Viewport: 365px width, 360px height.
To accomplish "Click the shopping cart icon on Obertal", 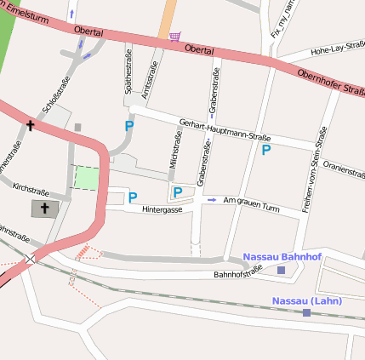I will [x=174, y=37].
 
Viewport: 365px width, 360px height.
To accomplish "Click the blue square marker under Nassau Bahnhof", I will [x=282, y=271].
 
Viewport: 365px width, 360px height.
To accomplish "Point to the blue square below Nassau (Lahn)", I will [x=306, y=313].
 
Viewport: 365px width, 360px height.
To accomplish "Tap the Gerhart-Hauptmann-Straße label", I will [x=220, y=133].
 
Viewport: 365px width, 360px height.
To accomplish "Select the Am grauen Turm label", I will [x=251, y=205].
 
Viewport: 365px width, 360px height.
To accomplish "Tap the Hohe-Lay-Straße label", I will [x=337, y=51].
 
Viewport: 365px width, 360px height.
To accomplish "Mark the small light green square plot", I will [x=87, y=178].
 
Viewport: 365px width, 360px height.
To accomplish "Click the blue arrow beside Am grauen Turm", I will [x=212, y=200].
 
